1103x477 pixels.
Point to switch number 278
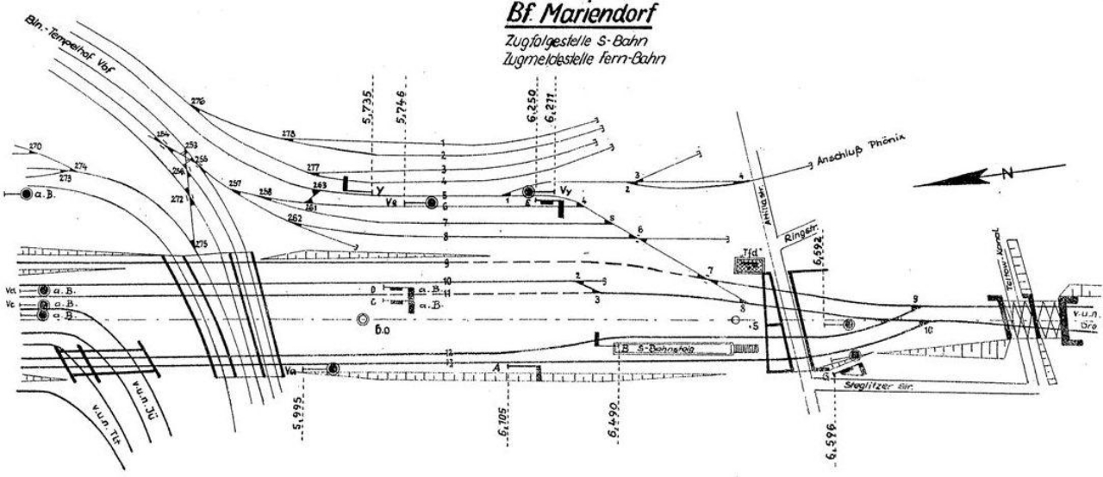click(x=289, y=134)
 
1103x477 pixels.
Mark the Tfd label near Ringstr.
click(x=748, y=254)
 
